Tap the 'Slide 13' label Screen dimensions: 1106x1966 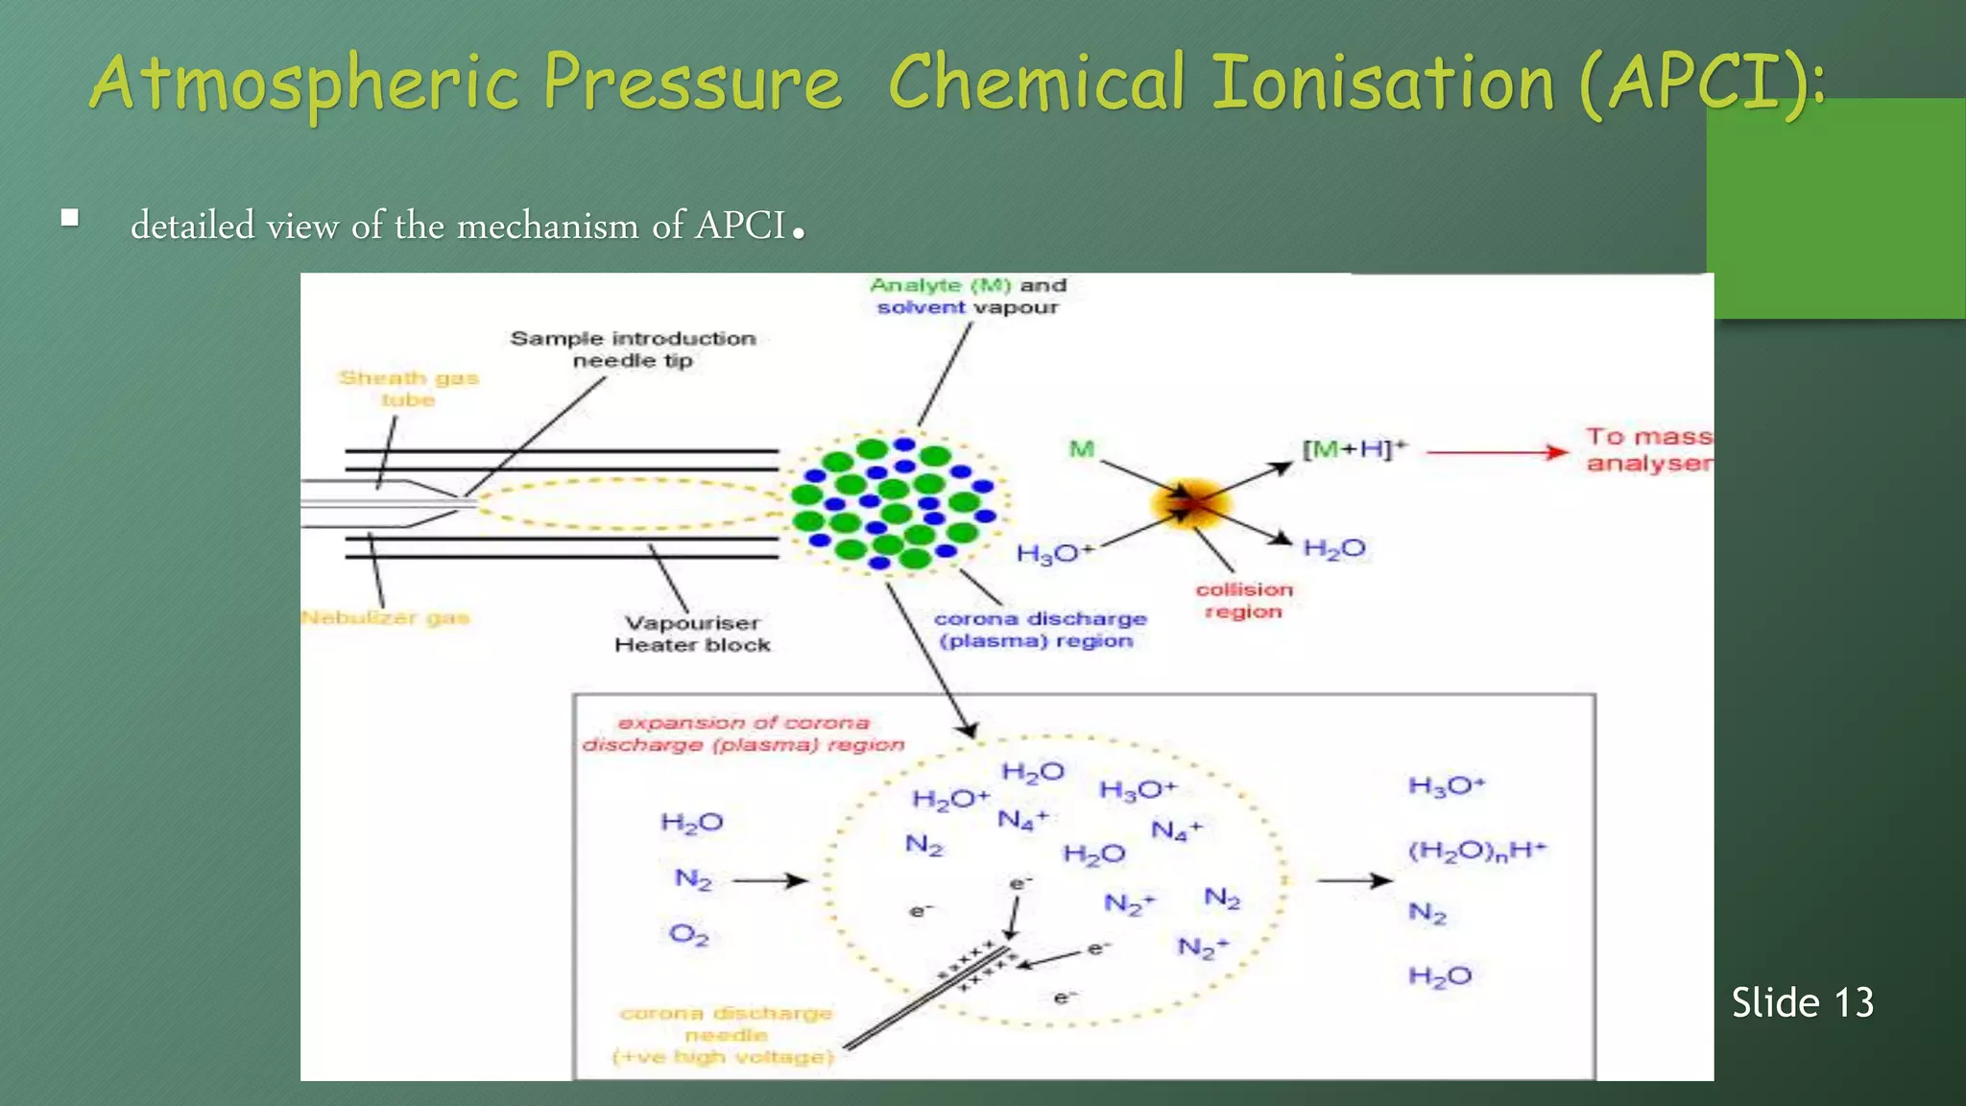pos(1802,1002)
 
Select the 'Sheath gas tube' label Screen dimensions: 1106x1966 pos(408,389)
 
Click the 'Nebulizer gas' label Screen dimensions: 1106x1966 pos(385,617)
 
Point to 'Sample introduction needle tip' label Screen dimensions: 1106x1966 pos(633,349)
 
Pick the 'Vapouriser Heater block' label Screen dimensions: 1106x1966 pos(692,634)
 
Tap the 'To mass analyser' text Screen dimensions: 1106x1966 pos(1648,449)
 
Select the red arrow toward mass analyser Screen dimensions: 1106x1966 pos(1497,452)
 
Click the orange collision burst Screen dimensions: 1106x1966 pos(1189,502)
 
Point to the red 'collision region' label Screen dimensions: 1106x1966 pos(1244,600)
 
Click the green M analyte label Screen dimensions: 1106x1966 pos(1082,448)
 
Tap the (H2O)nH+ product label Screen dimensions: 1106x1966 pos(1476,851)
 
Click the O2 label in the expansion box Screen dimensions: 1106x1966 pos(688,933)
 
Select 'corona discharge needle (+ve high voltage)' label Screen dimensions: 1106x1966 pos(726,1035)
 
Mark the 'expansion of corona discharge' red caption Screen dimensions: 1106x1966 pos(743,733)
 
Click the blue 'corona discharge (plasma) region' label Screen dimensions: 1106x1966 pos(1040,630)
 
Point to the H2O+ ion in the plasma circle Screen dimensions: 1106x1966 pos(949,799)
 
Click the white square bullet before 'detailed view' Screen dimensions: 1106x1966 pos(69,218)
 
